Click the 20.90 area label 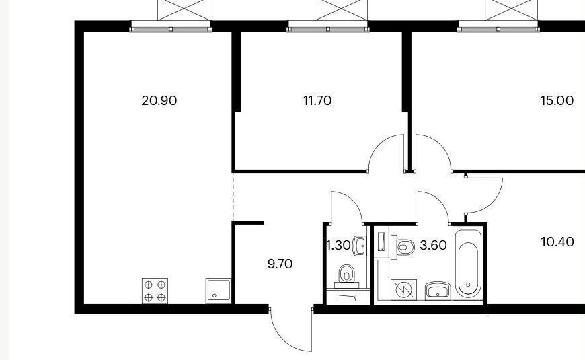(x=159, y=100)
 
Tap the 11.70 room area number (x=317, y=100)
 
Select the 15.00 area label (x=557, y=100)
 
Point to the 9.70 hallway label (x=280, y=264)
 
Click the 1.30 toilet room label (x=338, y=246)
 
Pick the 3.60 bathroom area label (x=433, y=246)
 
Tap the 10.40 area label (x=557, y=242)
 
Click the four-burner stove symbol (x=155, y=291)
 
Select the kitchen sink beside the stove (x=219, y=291)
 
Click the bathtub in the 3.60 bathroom (x=468, y=264)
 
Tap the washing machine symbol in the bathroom (x=403, y=289)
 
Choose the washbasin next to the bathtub (x=438, y=291)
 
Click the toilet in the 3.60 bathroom (x=405, y=247)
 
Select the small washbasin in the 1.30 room (x=359, y=246)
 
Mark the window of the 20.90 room (x=171, y=26)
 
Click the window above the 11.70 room (x=328, y=26)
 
